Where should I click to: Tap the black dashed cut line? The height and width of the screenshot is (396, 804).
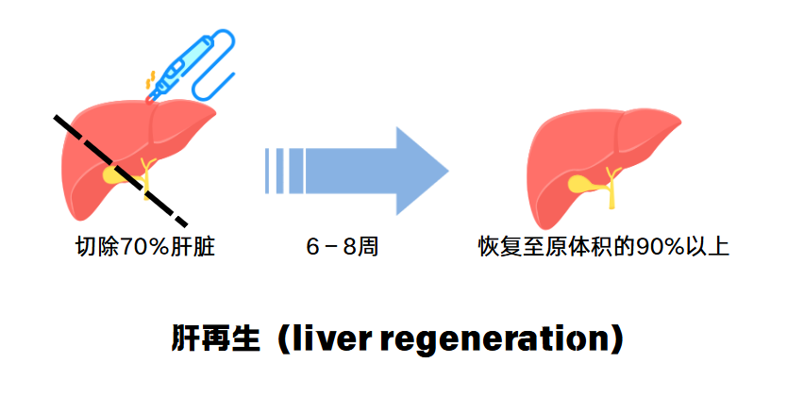pos(120,166)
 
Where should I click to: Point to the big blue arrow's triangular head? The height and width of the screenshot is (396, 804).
pos(419,169)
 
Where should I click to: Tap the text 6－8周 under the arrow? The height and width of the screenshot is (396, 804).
pos(343,248)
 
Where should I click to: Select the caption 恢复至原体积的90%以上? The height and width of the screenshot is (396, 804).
pos(604,248)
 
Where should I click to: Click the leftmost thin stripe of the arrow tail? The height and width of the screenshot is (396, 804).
pos(269,170)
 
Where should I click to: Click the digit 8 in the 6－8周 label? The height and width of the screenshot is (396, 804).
pos(350,248)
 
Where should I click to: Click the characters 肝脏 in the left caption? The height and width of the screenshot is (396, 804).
pos(200,248)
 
